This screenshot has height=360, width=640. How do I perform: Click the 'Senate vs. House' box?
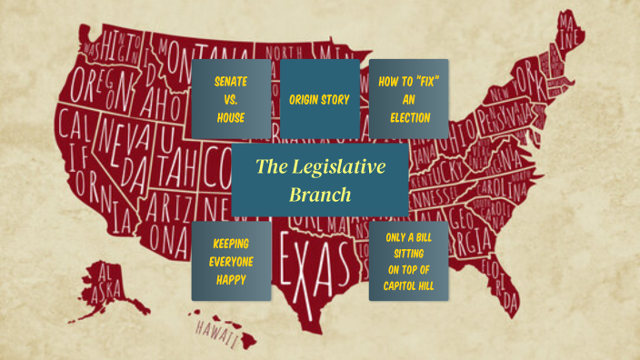pos(230,99)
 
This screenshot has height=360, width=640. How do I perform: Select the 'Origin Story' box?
pos(319,99)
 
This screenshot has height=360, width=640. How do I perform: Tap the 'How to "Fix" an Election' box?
pos(409,99)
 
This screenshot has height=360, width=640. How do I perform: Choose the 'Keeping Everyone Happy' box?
pos(230,261)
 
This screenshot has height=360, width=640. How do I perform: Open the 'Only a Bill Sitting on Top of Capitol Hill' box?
pos(409,261)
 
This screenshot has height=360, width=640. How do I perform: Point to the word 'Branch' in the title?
pos(319,194)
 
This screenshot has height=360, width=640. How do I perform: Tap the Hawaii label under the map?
pos(216,333)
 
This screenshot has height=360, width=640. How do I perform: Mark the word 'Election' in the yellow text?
pos(409,117)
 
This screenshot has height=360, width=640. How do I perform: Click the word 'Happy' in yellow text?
pos(230,279)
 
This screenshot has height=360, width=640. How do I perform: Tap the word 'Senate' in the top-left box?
pos(230,81)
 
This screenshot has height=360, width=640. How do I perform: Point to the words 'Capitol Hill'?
pos(409,287)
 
